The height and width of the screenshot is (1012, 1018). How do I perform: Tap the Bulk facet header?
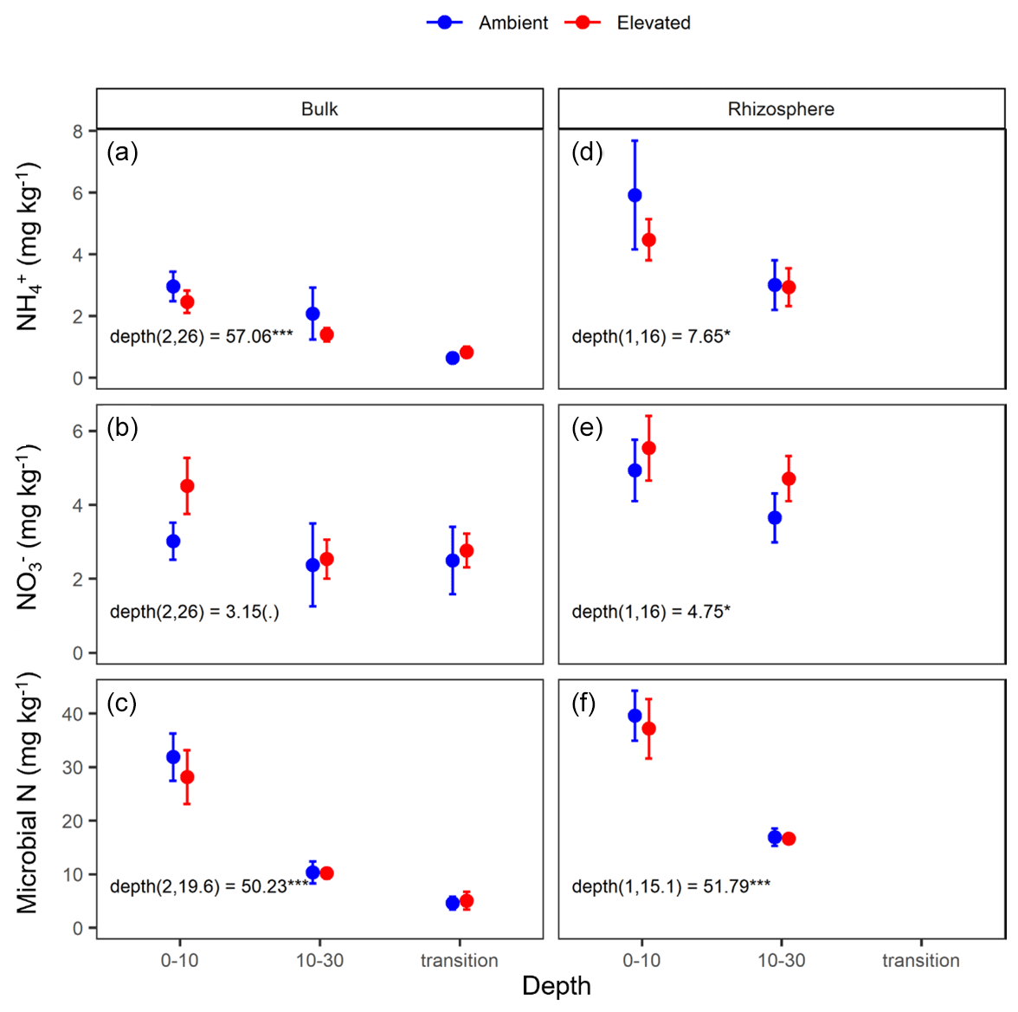[x=319, y=109]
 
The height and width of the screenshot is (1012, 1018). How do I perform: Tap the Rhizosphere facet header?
[x=781, y=109]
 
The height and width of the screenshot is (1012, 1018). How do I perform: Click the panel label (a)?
[x=122, y=152]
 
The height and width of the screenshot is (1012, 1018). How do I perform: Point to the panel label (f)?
[x=584, y=703]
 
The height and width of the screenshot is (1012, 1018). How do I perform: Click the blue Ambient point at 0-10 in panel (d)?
[x=635, y=196]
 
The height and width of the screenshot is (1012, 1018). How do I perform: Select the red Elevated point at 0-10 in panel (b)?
[x=187, y=486]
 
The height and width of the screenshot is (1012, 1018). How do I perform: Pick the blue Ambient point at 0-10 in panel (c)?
[x=173, y=757]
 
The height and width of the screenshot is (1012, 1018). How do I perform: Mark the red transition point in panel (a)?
[x=467, y=353]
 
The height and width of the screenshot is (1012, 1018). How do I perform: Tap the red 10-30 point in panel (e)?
[x=789, y=479]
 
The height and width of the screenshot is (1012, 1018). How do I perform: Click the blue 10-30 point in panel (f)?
[x=775, y=837]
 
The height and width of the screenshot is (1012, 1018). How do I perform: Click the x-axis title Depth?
[x=556, y=986]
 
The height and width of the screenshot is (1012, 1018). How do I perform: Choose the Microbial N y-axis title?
[x=28, y=792]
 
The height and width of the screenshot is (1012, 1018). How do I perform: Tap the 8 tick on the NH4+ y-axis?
[x=79, y=132]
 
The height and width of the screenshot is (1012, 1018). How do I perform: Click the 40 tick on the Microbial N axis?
[x=73, y=714]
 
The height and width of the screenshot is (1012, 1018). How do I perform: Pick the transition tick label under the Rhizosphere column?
[x=920, y=960]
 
